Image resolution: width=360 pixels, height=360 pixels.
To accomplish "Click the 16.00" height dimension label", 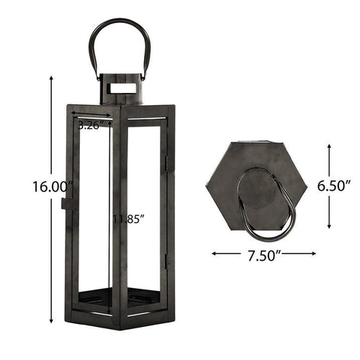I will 48,186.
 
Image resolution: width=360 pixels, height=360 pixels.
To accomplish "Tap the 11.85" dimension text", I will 125,218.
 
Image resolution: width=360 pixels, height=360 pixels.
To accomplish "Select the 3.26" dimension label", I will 94,125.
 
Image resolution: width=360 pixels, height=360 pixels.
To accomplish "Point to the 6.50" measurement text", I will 334,185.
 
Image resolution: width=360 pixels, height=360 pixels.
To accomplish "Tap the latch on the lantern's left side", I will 67,204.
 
